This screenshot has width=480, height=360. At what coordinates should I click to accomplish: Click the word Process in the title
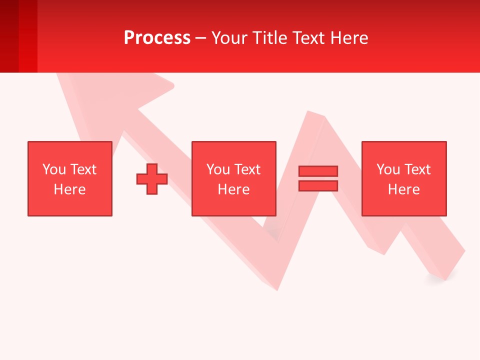coord(157,38)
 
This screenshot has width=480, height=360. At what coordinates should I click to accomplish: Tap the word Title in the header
coord(268,38)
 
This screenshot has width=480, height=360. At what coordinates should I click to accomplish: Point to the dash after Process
coord(201,38)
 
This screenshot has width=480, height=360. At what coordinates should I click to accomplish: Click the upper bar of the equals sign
coord(318,171)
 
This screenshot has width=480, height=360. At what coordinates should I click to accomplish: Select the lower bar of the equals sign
coord(318,185)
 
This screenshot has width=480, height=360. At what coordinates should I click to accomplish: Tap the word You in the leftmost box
coord(54,169)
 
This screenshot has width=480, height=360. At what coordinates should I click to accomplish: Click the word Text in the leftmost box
coord(82,169)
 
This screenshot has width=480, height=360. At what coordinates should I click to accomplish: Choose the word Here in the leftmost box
coord(69,189)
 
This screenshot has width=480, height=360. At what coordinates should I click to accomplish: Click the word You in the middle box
coord(218,169)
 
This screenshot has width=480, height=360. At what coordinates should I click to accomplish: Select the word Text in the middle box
coord(246,169)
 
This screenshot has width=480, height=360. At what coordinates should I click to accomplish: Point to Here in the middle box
coord(233,189)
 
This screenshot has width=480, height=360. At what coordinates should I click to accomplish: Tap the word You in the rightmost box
coord(388,169)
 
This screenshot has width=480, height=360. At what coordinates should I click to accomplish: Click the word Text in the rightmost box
coord(416,169)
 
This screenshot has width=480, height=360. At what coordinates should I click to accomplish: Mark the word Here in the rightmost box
coord(403,189)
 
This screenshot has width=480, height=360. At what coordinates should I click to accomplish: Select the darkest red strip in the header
coord(9,36)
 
